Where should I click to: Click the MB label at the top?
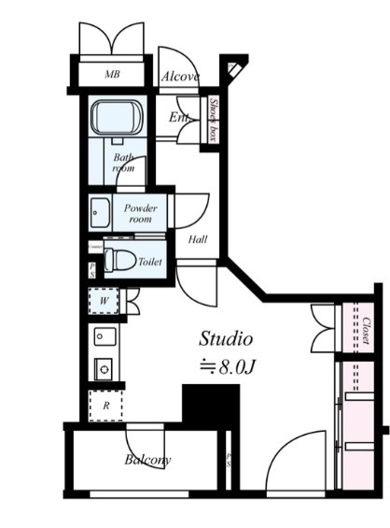pyautogui.click(x=112, y=74)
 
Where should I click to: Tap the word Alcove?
pyautogui.click(x=178, y=77)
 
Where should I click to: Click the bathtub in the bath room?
pyautogui.click(x=118, y=119)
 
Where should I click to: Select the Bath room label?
pyautogui.click(x=124, y=164)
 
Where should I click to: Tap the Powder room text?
pyautogui.click(x=140, y=212)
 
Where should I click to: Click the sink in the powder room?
pyautogui.click(x=100, y=213)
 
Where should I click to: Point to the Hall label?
pyautogui.click(x=198, y=239)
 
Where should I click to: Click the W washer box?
pyautogui.click(x=104, y=301)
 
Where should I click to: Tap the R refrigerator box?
pyautogui.click(x=105, y=406)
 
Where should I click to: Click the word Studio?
pyautogui.click(x=226, y=338)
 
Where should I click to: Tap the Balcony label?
pyautogui.click(x=148, y=460)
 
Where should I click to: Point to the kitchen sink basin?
pyautogui.click(x=104, y=336)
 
